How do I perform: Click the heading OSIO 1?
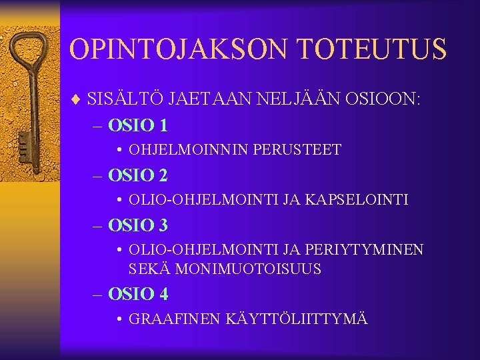click(x=138, y=125)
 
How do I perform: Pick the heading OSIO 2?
click(x=138, y=175)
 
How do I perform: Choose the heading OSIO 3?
click(x=138, y=225)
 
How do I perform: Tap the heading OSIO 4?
click(x=138, y=294)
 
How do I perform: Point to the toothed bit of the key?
click(x=25, y=143)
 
